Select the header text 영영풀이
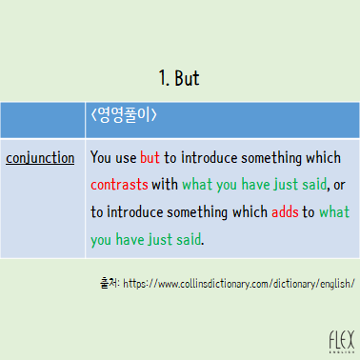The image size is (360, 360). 124,117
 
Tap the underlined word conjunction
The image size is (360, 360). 40,157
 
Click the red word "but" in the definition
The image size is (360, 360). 150,157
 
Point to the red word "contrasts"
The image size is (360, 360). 119,184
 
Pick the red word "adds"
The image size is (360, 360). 284,211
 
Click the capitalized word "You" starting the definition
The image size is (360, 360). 100,157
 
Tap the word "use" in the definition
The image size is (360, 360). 126,157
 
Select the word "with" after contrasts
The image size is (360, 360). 165,184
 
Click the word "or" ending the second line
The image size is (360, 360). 339,184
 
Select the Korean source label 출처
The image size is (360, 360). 109,283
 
